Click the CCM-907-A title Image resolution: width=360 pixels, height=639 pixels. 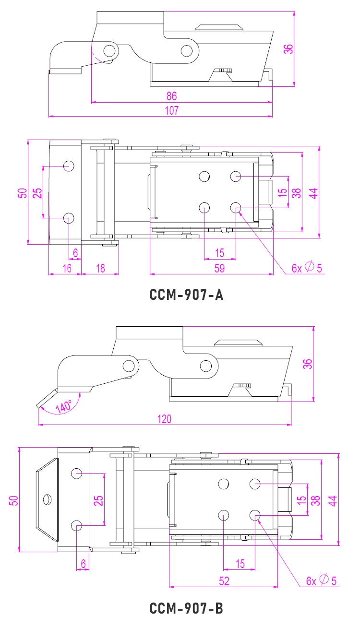pyautogui.click(x=187, y=295)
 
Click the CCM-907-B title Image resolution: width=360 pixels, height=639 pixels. pyautogui.click(x=187, y=609)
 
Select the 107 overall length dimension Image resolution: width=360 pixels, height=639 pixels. pyautogui.click(x=171, y=110)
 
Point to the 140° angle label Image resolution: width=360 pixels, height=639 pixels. pyautogui.click(x=64, y=406)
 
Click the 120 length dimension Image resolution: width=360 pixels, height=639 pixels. pyautogui.click(x=164, y=419)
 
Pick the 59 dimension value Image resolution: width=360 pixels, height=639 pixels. pyautogui.click(x=219, y=268)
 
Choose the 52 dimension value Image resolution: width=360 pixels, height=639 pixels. pyautogui.click(x=224, y=581)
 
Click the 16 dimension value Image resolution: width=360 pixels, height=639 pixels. pyautogui.click(x=67, y=268)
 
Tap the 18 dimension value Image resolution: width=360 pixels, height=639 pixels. pyautogui.click(x=100, y=268)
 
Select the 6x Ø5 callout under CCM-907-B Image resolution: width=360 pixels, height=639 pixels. pyautogui.click(x=321, y=580)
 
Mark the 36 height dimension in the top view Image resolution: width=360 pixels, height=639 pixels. pyautogui.click(x=288, y=49)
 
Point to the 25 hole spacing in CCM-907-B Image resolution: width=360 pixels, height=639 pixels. pyautogui.click(x=98, y=500)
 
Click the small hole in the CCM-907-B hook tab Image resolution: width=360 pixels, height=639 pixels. pyautogui.click(x=47, y=499)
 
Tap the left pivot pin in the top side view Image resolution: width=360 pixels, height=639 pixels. pyautogui.click(x=110, y=50)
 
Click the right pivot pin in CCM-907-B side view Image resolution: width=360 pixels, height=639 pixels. pyautogui.click(x=206, y=366)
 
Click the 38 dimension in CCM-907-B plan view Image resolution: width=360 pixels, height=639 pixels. pyautogui.click(x=315, y=500)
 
